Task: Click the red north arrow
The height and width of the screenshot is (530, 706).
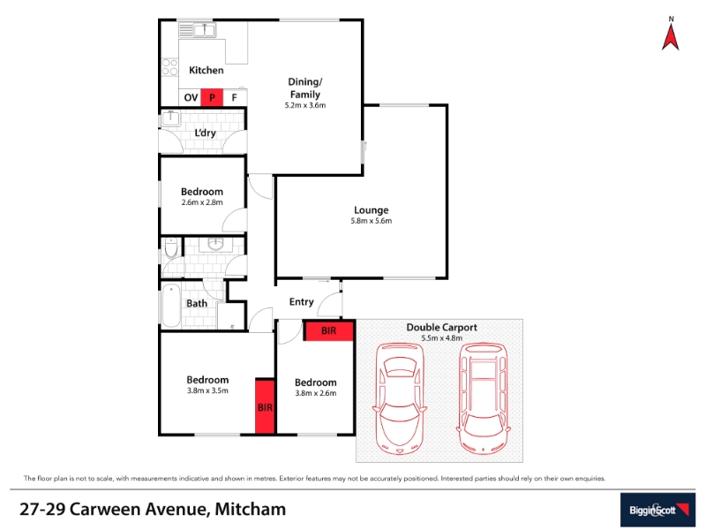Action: (x=671, y=37)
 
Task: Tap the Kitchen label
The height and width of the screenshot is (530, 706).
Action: (x=207, y=71)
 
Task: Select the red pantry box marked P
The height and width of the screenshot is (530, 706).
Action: (x=212, y=97)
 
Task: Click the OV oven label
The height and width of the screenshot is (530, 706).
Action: (x=191, y=97)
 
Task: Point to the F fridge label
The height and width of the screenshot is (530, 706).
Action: (x=234, y=97)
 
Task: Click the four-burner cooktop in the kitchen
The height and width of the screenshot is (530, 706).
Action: (x=169, y=67)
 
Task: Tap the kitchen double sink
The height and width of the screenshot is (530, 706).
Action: (x=204, y=30)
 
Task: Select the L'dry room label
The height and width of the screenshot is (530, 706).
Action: (x=205, y=133)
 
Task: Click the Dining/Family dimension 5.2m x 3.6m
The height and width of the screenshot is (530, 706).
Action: (x=304, y=105)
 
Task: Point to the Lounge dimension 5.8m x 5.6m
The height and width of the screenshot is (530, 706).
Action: (x=371, y=221)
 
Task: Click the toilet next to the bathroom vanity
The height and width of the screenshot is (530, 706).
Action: (x=171, y=248)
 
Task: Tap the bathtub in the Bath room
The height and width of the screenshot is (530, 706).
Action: (x=171, y=305)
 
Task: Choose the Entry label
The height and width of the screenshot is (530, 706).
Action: (x=301, y=302)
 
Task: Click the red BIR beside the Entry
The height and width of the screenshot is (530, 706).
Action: (x=328, y=330)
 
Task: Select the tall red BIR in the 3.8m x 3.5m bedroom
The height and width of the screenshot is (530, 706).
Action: (x=265, y=406)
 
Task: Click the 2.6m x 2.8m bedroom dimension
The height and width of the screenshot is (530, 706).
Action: (x=202, y=203)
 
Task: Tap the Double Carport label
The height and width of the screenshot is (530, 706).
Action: (x=442, y=328)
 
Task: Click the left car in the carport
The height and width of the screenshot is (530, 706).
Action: (x=399, y=398)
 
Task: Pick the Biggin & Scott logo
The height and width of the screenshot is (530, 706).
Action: (x=657, y=510)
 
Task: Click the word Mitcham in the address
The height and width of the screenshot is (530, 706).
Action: (x=251, y=510)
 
